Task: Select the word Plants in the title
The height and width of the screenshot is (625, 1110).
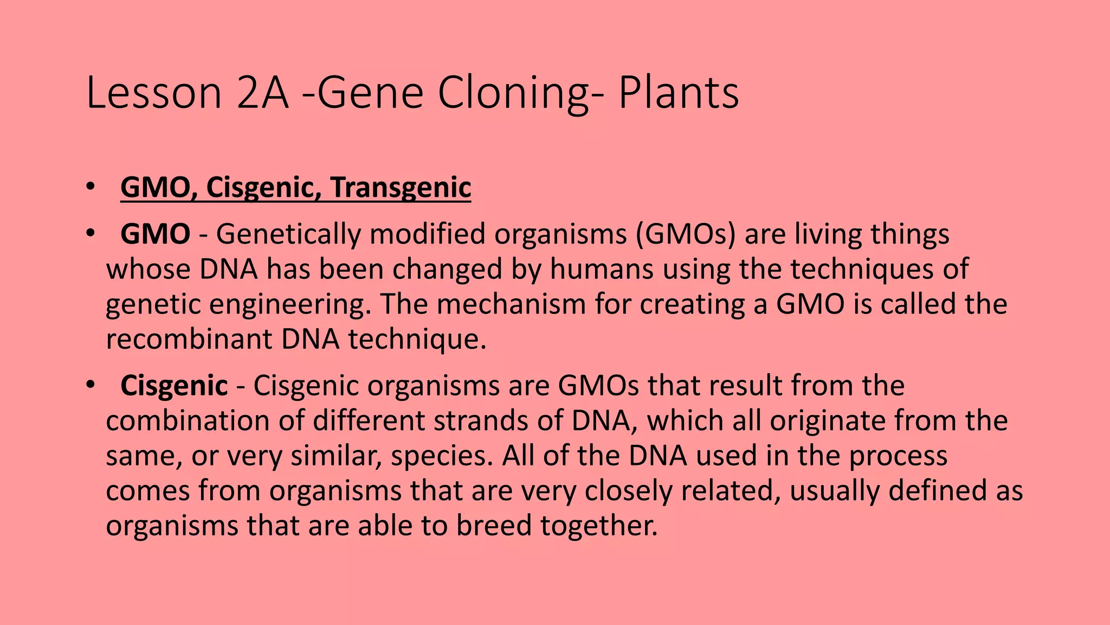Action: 679,93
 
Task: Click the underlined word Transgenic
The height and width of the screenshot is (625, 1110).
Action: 401,188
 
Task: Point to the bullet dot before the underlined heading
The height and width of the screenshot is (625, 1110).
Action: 90,188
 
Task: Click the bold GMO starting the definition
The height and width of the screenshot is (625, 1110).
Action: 155,234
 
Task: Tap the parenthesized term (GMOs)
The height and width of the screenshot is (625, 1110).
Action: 682,234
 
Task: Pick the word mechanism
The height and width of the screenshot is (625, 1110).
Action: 511,304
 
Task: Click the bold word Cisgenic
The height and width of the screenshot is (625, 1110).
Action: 174,386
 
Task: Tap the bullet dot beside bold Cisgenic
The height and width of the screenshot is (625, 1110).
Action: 90,386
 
